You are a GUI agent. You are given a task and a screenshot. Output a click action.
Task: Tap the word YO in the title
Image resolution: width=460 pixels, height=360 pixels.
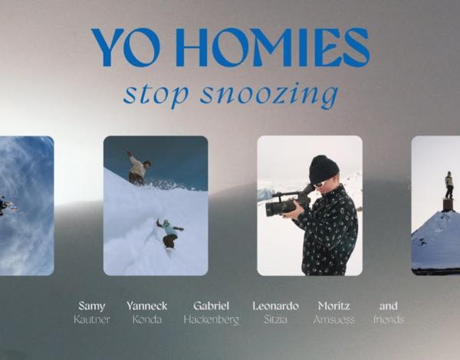point(126,47)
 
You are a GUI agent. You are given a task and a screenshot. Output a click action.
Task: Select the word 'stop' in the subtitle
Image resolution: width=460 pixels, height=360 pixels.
point(156,94)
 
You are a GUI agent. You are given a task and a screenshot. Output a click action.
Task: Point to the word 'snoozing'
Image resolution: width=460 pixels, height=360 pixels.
point(269,95)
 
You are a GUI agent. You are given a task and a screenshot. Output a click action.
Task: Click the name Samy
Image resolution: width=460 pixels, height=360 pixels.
point(92,306)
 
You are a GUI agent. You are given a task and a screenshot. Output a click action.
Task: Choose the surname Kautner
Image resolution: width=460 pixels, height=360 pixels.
point(92,319)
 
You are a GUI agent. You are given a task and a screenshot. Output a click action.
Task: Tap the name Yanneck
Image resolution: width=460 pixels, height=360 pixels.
point(146,306)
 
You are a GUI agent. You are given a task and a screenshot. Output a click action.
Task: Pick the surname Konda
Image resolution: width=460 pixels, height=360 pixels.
point(147,319)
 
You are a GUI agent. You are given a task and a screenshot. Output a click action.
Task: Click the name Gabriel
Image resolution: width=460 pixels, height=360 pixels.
point(212,306)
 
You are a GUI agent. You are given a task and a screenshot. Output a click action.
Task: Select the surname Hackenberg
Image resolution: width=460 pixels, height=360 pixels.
point(212,320)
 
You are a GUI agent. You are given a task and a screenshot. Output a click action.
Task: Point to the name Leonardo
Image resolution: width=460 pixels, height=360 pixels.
point(275,306)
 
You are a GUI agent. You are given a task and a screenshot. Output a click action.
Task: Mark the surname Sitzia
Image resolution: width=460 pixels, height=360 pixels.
point(275,319)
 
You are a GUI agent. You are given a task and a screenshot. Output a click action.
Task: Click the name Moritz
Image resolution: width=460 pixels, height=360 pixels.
point(333,306)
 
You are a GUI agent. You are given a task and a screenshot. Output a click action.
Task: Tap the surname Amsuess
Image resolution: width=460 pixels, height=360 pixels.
point(333,319)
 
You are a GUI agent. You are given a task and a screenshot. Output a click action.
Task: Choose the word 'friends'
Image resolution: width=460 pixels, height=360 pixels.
point(389,319)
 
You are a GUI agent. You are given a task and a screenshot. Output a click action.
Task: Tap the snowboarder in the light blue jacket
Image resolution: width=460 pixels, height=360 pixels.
point(170,234)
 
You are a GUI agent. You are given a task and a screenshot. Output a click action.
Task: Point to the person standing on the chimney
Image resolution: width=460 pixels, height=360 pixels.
point(449,185)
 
